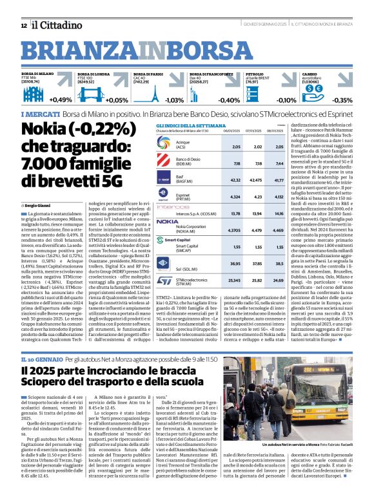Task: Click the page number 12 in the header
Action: tap(24, 25)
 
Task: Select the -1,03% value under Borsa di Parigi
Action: tap(173, 100)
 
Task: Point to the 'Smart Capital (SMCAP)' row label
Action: tap(188, 248)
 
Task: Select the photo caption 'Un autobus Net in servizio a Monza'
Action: tap(283, 445)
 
